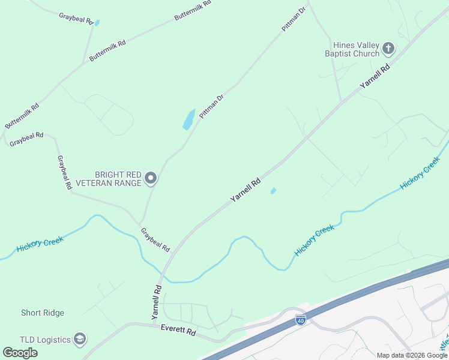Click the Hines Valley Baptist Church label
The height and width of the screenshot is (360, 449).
click(x=352, y=49)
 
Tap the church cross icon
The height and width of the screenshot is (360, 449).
click(x=388, y=48)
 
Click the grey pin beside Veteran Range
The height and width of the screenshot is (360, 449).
click(x=151, y=178)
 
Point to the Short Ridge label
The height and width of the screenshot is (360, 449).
click(x=43, y=313)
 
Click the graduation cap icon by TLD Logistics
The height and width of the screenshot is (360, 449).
click(x=79, y=340)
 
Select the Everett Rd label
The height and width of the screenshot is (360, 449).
click(x=178, y=331)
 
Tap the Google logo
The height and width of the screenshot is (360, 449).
click(x=20, y=352)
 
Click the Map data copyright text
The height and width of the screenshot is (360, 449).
click(x=412, y=355)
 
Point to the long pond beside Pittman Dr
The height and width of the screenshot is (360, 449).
click(x=188, y=119)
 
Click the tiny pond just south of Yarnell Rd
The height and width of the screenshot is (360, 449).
click(x=273, y=191)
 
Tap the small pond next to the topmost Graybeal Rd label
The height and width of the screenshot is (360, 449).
click(x=97, y=23)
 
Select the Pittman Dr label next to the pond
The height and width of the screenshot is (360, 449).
click(x=211, y=106)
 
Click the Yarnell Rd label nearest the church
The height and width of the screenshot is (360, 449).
click(x=375, y=76)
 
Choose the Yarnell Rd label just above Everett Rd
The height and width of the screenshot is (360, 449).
click(x=157, y=301)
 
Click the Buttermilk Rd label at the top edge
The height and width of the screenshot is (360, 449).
click(x=193, y=10)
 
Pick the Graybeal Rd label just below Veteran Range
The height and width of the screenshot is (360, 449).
click(x=155, y=239)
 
